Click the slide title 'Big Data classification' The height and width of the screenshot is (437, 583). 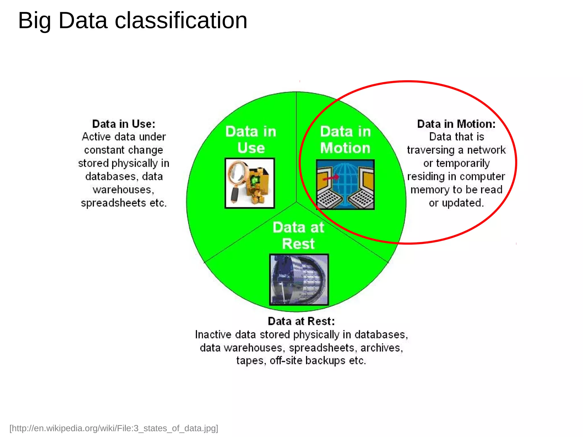click(x=133, y=20)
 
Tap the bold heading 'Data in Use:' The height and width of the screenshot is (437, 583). click(x=124, y=124)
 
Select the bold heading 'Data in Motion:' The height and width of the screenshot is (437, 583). click(x=456, y=124)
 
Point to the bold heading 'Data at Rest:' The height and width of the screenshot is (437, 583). click(x=301, y=321)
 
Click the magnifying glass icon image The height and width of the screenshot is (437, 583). click(x=250, y=183)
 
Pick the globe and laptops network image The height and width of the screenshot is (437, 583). click(x=345, y=184)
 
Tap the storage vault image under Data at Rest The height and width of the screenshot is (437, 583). click(x=299, y=280)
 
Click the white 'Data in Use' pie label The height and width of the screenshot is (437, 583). click(x=251, y=139)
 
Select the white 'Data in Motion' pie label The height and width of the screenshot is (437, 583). click(x=345, y=139)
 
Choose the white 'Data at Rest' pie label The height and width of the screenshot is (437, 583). click(x=298, y=235)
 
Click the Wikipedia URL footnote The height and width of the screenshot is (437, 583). click(x=114, y=428)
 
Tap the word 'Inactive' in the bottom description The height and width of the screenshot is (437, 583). click(x=213, y=335)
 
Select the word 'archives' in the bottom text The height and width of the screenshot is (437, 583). click(x=381, y=348)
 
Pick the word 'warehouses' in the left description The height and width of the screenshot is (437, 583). click(x=123, y=190)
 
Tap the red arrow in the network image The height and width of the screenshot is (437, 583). click(x=331, y=178)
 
